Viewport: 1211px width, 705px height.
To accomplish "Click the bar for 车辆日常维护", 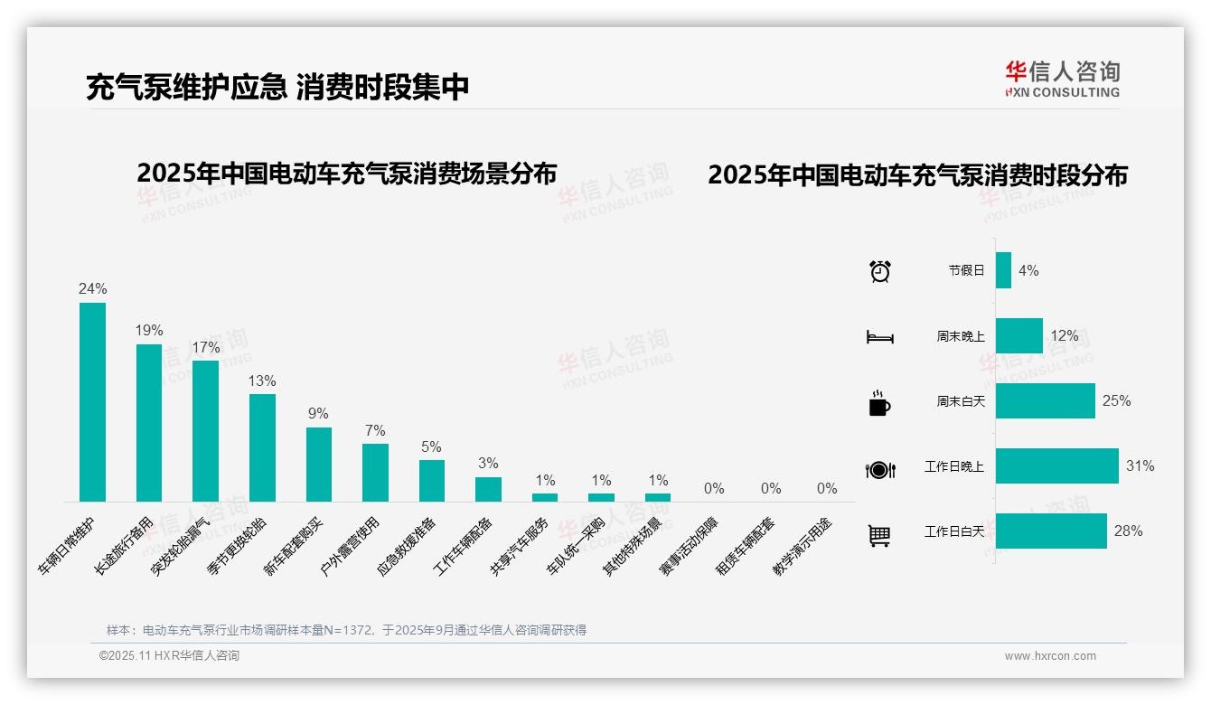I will [x=92, y=402].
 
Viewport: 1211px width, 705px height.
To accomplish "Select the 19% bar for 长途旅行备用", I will [x=149, y=423].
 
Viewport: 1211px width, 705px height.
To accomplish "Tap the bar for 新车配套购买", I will [x=319, y=465].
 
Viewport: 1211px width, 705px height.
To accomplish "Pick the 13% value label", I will [x=262, y=381].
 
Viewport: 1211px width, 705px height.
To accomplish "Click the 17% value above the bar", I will [x=206, y=348].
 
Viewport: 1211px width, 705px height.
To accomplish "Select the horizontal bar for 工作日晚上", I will [x=1056, y=466].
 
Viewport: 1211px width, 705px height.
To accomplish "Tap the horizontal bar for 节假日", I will [x=1003, y=270].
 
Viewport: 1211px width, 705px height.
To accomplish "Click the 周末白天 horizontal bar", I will [x=1045, y=401].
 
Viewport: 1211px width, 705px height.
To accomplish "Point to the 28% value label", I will [x=1128, y=531].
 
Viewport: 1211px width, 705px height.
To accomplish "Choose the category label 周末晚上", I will [x=960, y=336].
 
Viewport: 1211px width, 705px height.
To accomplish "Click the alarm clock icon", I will [x=879, y=270].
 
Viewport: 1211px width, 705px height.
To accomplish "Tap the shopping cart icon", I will [x=879, y=535].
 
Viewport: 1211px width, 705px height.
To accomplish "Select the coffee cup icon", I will [x=879, y=403].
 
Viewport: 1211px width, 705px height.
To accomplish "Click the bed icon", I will [x=879, y=337].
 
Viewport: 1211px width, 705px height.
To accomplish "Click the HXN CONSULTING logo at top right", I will [x=1063, y=79].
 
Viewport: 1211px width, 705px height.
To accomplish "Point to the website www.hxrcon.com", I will [x=1050, y=656].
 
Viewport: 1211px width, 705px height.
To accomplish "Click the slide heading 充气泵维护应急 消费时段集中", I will [x=277, y=87].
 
